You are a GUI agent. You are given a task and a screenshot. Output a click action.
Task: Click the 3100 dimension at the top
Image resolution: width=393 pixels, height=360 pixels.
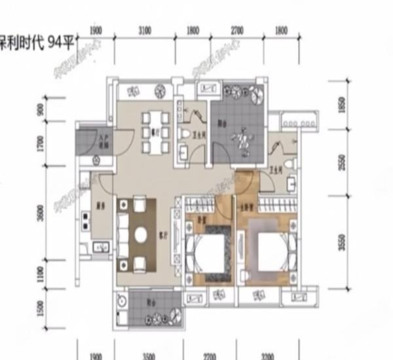click(x=145, y=31)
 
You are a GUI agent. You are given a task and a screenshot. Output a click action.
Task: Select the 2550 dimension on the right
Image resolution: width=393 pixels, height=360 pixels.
click(x=341, y=162)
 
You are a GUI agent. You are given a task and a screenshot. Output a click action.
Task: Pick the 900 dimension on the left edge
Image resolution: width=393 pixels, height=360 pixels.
click(x=41, y=109)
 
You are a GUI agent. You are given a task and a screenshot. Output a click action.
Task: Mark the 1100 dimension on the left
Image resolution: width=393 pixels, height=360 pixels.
click(x=41, y=274)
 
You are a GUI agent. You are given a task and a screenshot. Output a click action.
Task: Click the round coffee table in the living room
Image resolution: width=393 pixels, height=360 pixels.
click(x=140, y=234)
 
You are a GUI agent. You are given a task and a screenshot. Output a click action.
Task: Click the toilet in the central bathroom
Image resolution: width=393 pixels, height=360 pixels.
click(x=183, y=135)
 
